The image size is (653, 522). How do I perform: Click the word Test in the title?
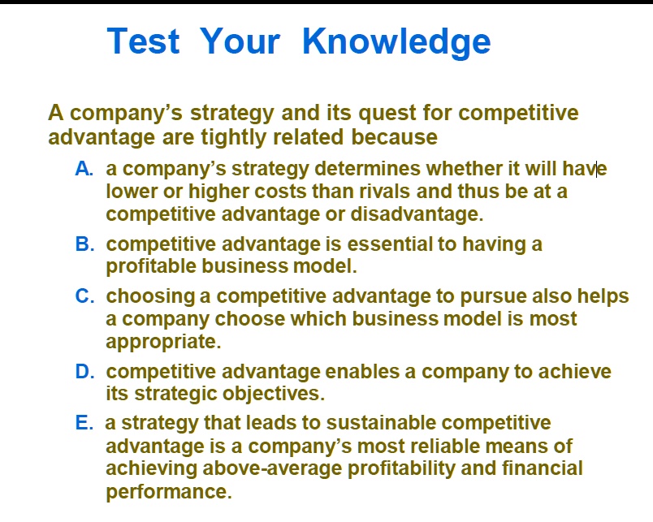click(143, 41)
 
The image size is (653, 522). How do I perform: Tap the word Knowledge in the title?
click(396, 41)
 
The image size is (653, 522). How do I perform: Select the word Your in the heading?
click(240, 41)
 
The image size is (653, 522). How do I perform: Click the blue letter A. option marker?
click(84, 169)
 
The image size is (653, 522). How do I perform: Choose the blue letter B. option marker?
click(84, 244)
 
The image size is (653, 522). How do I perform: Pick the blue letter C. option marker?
click(84, 296)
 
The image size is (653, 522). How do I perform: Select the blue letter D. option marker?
click(84, 372)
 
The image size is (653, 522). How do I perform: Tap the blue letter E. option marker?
click(84, 423)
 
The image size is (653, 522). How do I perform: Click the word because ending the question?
click(394, 137)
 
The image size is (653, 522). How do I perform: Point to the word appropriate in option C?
click(162, 342)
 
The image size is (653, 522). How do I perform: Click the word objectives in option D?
click(274, 395)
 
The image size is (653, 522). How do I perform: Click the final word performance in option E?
click(168, 491)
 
